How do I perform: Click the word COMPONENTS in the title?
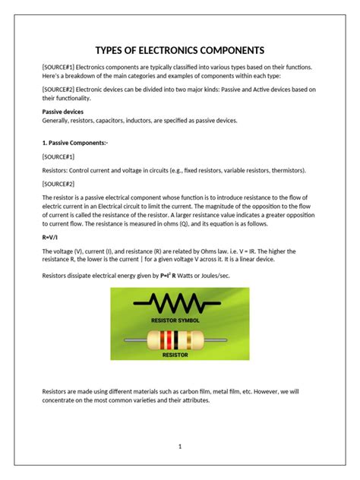[x=226, y=50]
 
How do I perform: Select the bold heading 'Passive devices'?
[x=62, y=112]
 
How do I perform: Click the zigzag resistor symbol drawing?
[x=178, y=306]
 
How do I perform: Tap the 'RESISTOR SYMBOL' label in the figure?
[x=179, y=321]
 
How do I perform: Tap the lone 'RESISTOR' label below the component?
[x=179, y=354]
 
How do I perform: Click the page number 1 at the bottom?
[x=180, y=447]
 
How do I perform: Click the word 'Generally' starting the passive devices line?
[x=57, y=120]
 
